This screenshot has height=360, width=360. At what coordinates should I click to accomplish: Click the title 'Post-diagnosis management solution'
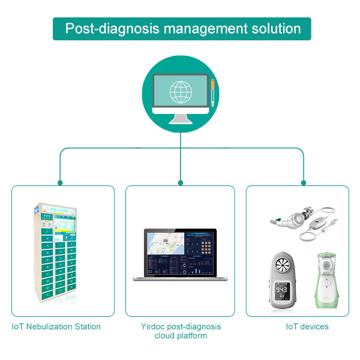click(182, 28)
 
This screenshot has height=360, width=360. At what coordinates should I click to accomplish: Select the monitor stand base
click(180, 119)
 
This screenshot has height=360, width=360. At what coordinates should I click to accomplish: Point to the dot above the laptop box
click(180, 182)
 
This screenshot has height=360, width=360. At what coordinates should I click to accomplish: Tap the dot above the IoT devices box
click(303, 182)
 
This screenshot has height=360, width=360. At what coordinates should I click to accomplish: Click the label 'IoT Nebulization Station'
click(56, 326)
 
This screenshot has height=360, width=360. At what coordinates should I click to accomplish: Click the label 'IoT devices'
click(307, 326)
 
